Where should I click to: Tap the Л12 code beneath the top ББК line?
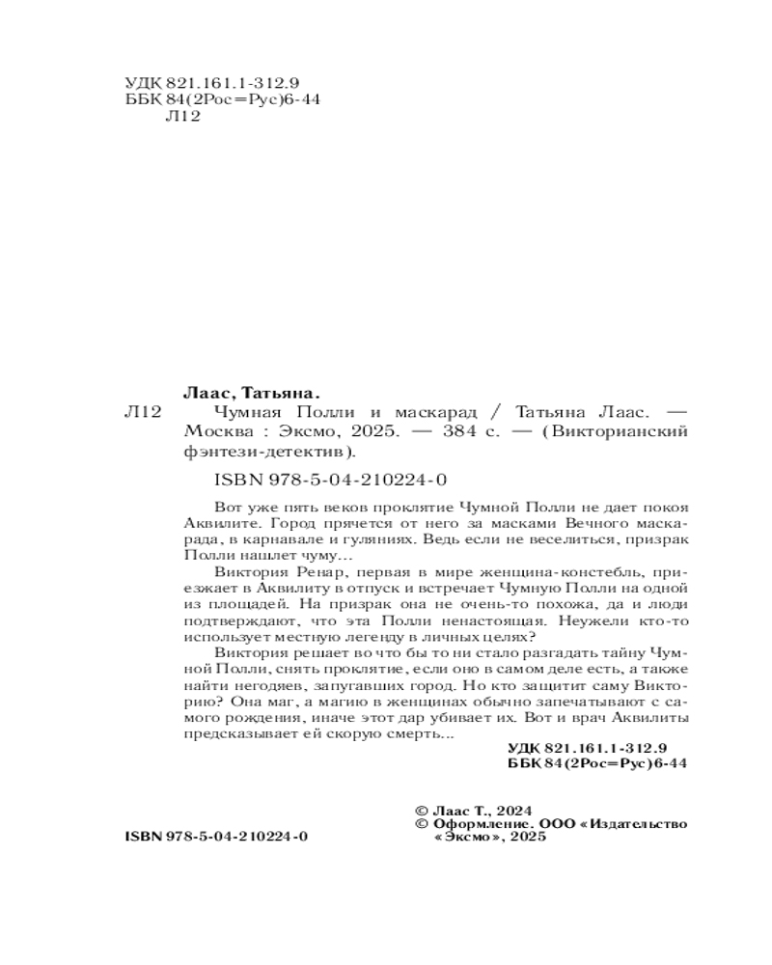click(x=184, y=117)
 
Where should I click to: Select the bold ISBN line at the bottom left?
click(x=217, y=836)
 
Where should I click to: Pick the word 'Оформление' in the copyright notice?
click(x=478, y=824)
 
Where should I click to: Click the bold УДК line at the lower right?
click(x=587, y=749)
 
